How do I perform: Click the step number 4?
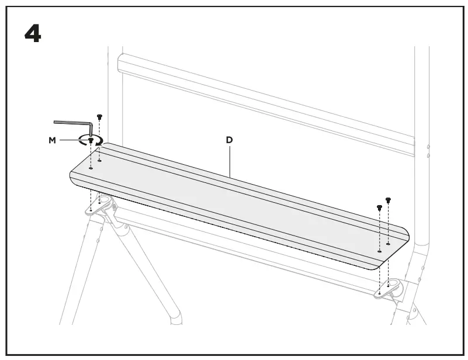click(33, 34)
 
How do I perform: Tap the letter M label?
click(53, 140)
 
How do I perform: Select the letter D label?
click(230, 140)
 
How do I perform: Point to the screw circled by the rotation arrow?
click(91, 141)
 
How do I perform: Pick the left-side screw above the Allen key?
click(99, 117)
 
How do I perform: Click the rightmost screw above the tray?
click(388, 201)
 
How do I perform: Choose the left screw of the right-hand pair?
click(380, 207)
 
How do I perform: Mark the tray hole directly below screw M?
click(91, 168)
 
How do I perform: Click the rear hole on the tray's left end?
click(99, 160)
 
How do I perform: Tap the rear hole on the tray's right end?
click(388, 244)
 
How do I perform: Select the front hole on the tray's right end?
click(380, 251)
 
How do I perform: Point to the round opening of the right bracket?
click(392, 285)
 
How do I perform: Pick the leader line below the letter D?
click(230, 161)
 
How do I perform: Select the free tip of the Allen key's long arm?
click(55, 122)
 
